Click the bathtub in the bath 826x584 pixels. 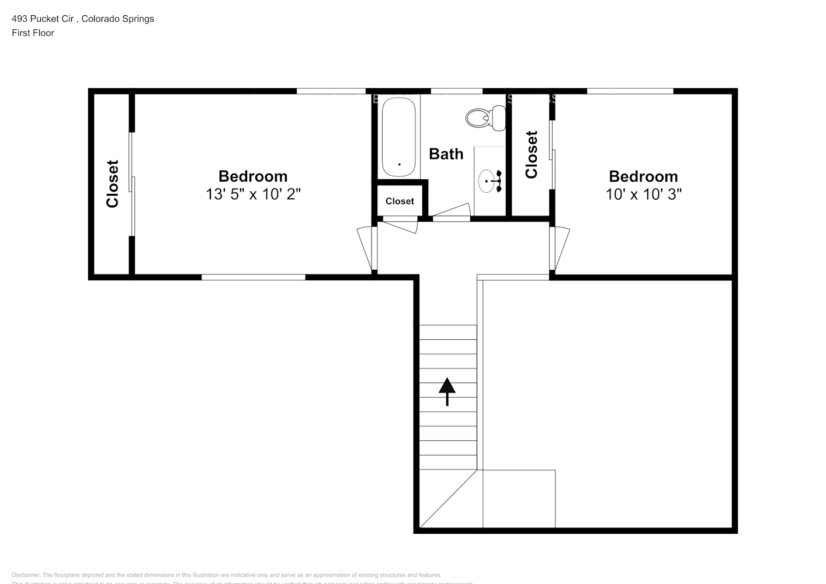[400, 137]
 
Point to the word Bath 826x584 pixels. [446, 154]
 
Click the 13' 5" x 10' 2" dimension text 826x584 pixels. [253, 194]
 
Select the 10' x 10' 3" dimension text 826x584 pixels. [643, 194]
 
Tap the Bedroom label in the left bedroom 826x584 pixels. [253, 176]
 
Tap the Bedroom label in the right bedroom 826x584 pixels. [643, 176]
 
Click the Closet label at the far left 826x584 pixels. [112, 183]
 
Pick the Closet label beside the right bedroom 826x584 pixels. [531, 155]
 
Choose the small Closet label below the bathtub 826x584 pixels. [400, 201]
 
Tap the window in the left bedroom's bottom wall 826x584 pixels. [253, 277]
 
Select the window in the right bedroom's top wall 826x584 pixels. [630, 91]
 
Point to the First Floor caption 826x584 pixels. [33, 33]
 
